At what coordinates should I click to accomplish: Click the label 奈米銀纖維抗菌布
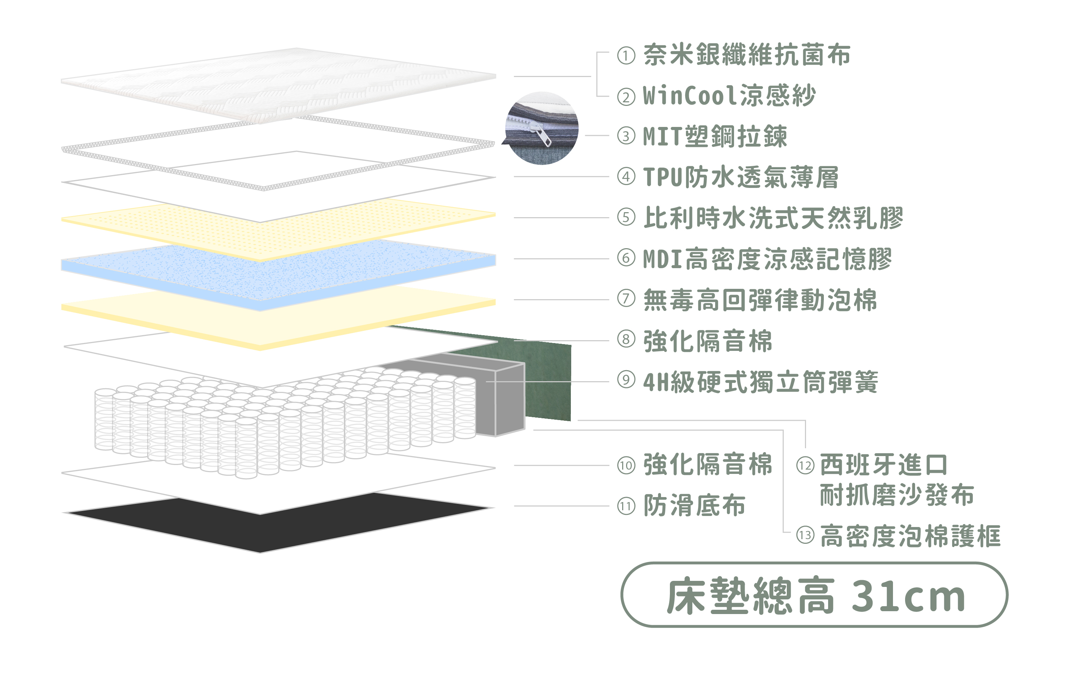[x=747, y=55]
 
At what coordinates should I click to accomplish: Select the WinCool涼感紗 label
[x=729, y=96]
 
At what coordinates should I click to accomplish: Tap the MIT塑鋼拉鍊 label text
[x=715, y=136]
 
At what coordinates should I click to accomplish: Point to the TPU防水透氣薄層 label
[x=740, y=177]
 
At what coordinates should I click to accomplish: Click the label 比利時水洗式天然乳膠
[x=773, y=218]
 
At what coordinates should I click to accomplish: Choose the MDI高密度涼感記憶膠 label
[x=767, y=259]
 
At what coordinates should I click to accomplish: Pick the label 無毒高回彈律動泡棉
[x=760, y=300]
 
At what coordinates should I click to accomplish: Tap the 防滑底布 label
[x=694, y=506]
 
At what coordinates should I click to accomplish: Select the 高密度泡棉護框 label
[x=910, y=536]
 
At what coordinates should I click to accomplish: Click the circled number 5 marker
[x=626, y=218]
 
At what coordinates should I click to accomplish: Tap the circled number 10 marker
[x=626, y=465]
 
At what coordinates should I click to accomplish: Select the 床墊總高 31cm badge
[x=814, y=595]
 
